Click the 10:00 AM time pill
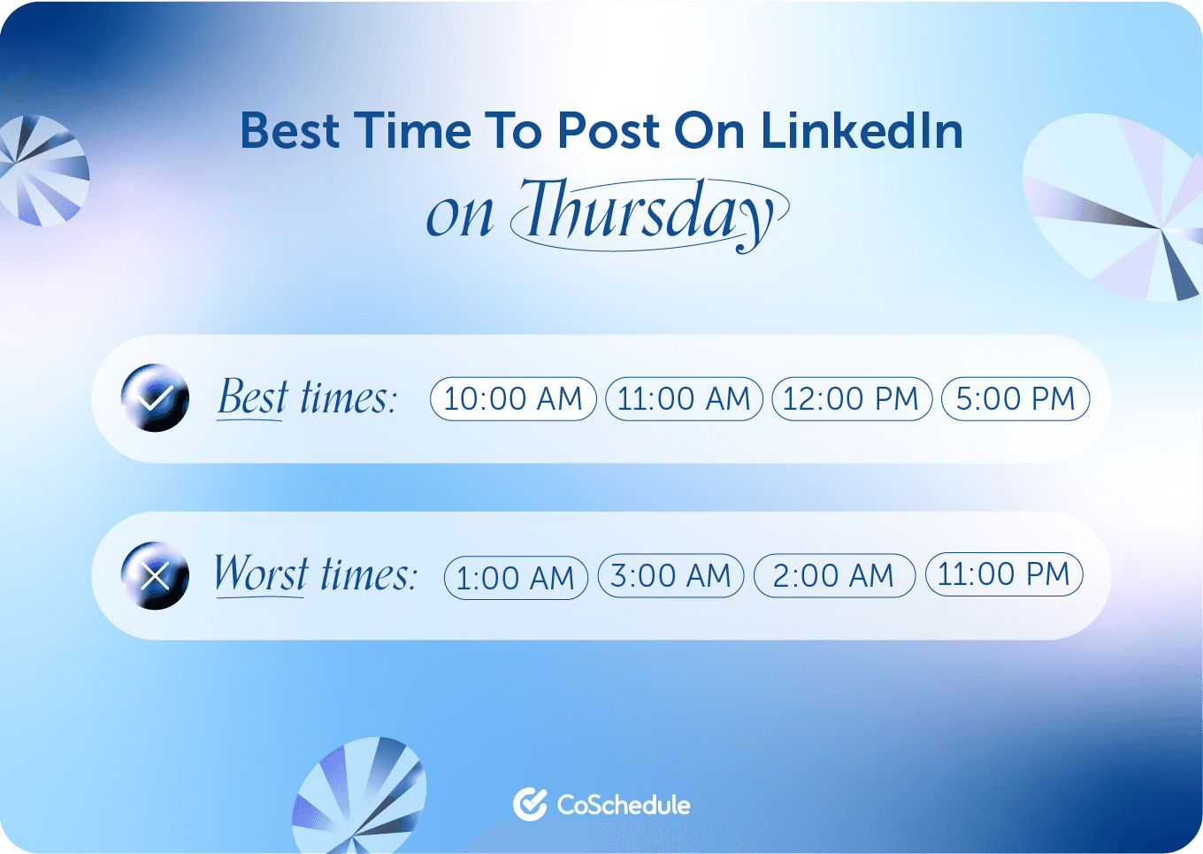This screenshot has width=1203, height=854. point(513,398)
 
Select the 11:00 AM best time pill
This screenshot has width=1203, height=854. point(684,398)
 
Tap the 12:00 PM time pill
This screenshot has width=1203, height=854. point(852,398)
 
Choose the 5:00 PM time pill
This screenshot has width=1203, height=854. point(1015,398)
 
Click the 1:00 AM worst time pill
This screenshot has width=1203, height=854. point(516,578)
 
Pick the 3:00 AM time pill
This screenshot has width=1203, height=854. point(671,576)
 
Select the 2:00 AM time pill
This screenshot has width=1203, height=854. point(834,576)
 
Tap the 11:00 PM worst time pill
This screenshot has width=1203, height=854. point(1004,574)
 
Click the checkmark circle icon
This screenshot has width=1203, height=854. point(155,398)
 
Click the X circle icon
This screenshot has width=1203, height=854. point(155,576)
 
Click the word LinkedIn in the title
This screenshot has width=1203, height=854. point(862,131)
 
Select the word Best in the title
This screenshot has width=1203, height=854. point(290,131)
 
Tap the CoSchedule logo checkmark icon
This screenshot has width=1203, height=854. point(530,804)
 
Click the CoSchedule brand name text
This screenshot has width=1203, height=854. point(624,805)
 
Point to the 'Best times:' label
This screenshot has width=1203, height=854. point(307,398)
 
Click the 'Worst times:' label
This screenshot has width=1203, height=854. point(315,575)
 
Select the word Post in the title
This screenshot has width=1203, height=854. point(609,131)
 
